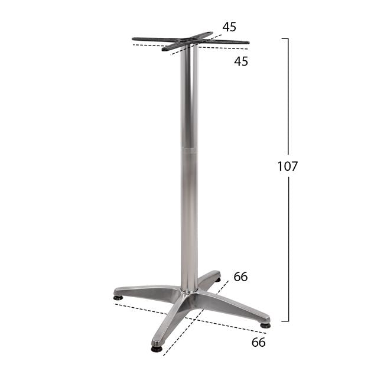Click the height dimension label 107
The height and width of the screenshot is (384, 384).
(x=288, y=167)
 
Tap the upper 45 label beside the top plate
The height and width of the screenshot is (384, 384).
(x=229, y=27)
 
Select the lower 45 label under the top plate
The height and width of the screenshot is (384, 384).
(x=240, y=61)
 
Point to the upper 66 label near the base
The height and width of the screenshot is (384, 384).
(x=240, y=276)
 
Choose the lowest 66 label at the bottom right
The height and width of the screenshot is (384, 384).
(x=258, y=342)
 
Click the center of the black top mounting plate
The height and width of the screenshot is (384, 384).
(x=190, y=42)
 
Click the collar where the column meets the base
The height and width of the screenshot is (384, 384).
(x=190, y=289)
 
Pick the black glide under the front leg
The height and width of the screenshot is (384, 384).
(x=157, y=349)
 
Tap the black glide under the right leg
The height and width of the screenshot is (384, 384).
(x=265, y=325)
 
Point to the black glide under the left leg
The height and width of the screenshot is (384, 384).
(x=119, y=297)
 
